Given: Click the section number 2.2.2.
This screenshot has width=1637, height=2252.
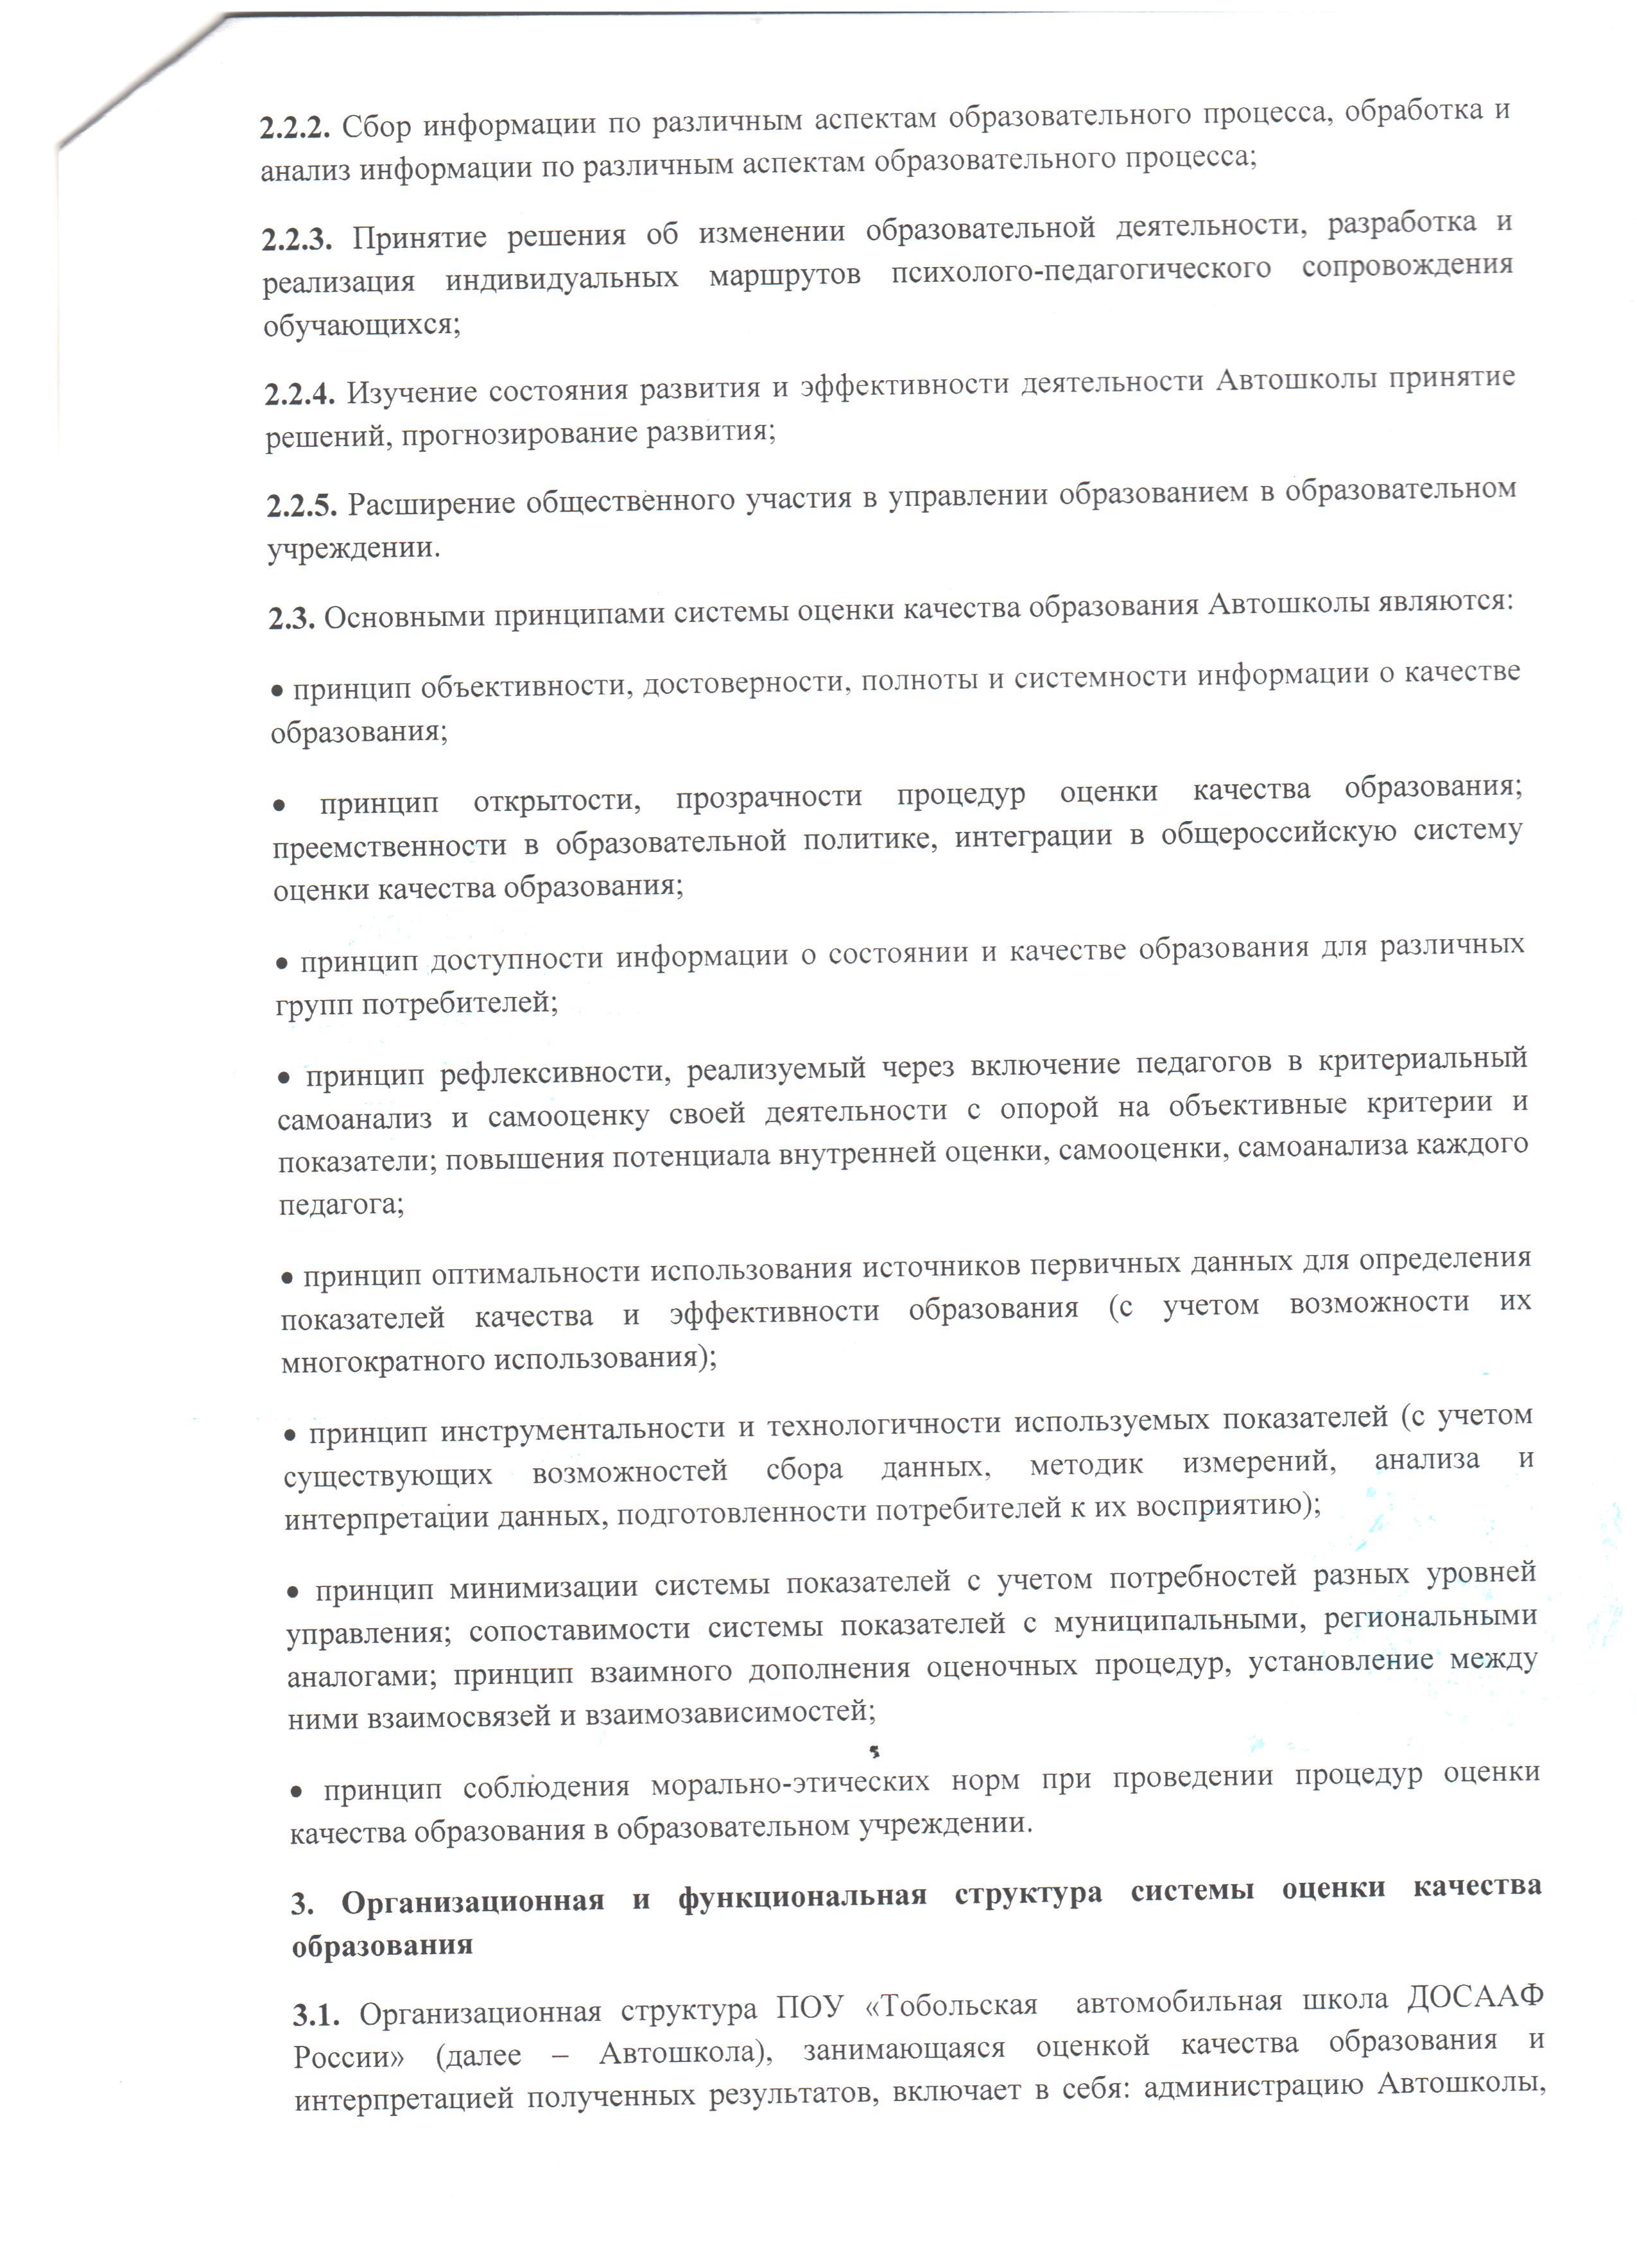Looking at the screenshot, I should tap(295, 128).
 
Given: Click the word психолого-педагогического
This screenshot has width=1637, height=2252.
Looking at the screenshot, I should tap(1080, 270).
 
